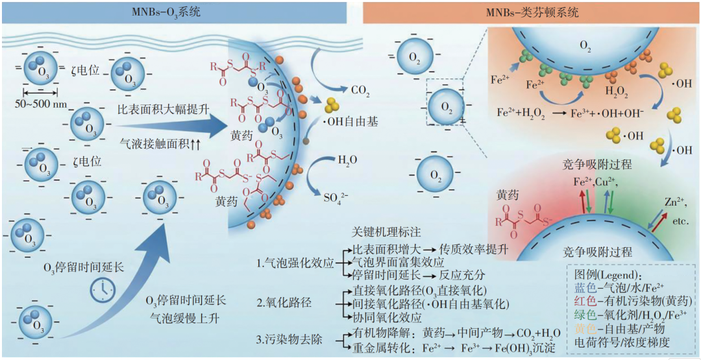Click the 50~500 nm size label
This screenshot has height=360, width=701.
[x=43, y=104]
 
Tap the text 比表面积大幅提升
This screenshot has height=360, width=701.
[x=164, y=109]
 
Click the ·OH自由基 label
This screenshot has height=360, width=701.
[x=354, y=121]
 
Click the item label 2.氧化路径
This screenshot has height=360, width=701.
[x=286, y=303]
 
